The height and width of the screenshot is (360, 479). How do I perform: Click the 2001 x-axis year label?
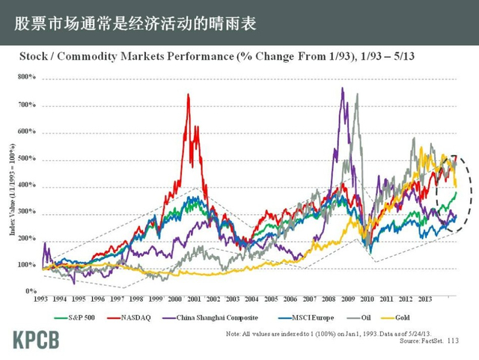(193, 298)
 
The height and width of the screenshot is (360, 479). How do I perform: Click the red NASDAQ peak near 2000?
(187, 95)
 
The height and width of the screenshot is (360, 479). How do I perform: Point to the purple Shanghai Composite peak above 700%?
(342, 88)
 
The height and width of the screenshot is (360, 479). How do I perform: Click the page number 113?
(452, 341)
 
